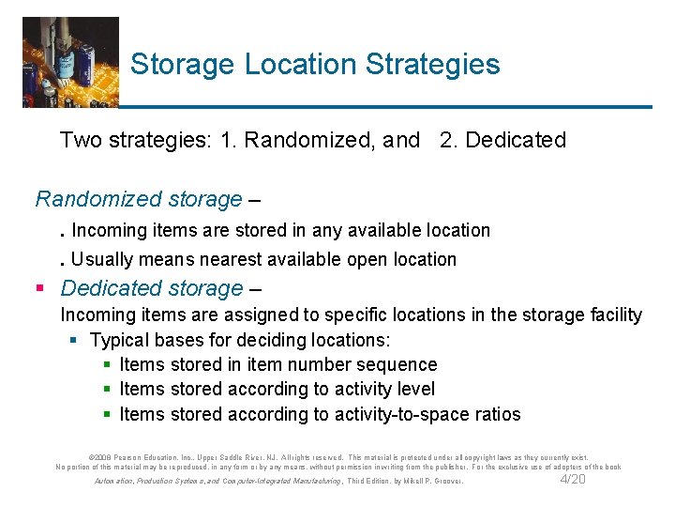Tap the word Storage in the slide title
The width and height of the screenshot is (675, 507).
183,65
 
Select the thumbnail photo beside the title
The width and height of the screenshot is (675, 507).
70,62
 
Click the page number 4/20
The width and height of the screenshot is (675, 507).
572,480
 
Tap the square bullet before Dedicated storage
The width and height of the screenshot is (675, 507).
41,288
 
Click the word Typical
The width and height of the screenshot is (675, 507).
120,340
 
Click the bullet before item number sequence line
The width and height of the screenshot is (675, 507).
109,365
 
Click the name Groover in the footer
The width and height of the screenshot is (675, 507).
445,482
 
